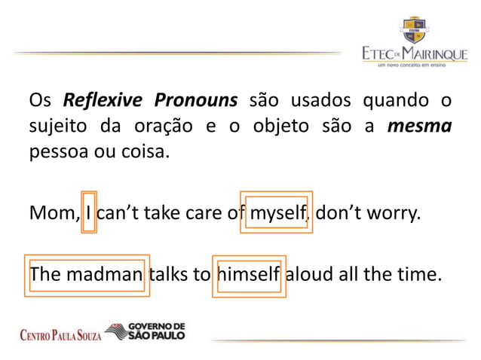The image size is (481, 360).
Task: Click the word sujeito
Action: (55, 127)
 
